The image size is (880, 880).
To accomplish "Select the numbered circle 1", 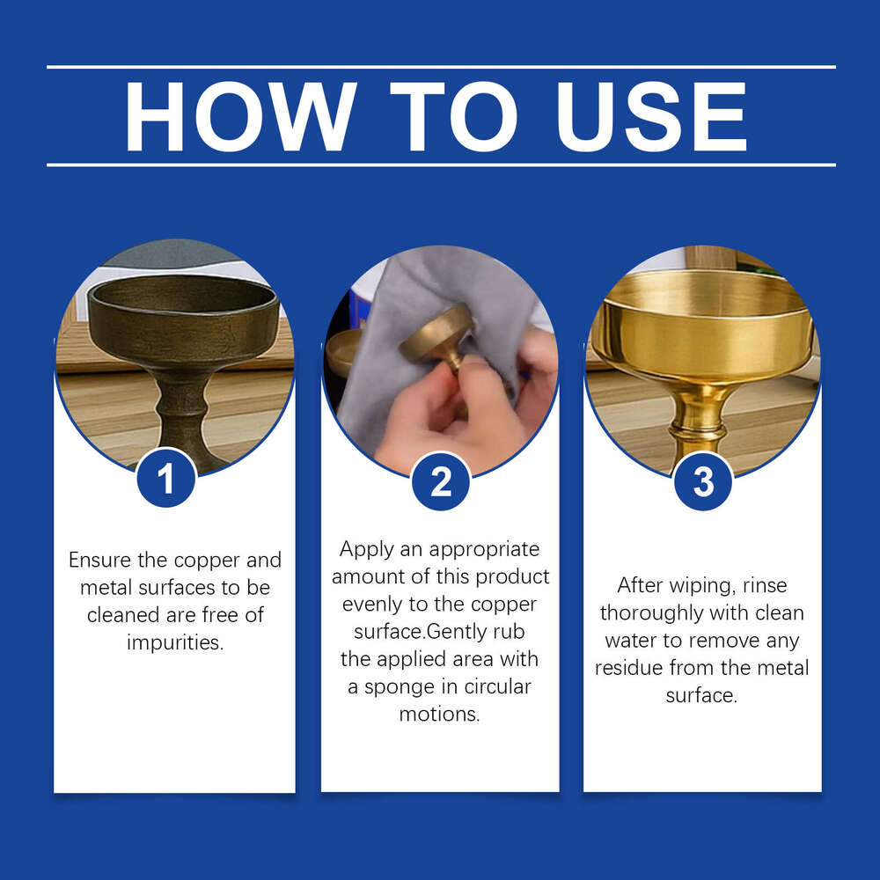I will click(166, 478).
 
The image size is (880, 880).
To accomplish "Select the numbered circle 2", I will click(441, 481).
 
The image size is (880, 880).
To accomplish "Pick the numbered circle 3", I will click(703, 481).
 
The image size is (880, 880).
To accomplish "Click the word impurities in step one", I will click(175, 642).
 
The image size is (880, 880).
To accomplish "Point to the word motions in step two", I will click(440, 714).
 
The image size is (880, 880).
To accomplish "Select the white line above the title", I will click(440, 67).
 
